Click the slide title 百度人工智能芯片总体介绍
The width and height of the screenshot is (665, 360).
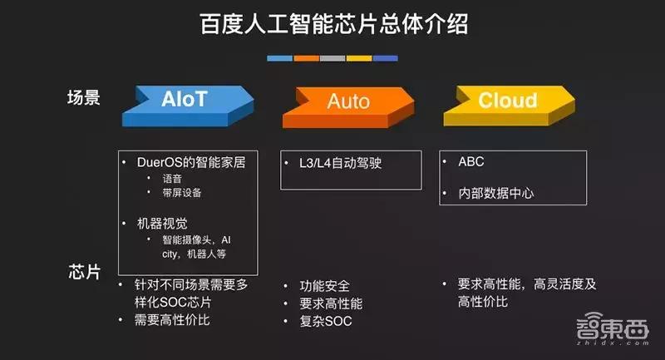point(332,24)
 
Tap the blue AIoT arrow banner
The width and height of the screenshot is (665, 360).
point(185,101)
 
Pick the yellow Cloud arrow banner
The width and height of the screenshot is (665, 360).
point(507,101)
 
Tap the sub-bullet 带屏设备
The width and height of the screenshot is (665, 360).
point(182,193)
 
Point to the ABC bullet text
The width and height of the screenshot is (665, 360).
point(470,161)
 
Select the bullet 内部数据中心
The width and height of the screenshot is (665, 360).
point(495,193)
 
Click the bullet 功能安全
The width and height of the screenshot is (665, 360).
point(327,285)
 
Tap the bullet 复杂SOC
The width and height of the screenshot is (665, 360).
point(326,321)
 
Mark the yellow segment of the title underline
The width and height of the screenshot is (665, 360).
point(359,58)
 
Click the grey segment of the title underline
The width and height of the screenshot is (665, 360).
point(332,58)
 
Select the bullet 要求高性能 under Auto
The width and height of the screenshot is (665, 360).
point(332,303)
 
